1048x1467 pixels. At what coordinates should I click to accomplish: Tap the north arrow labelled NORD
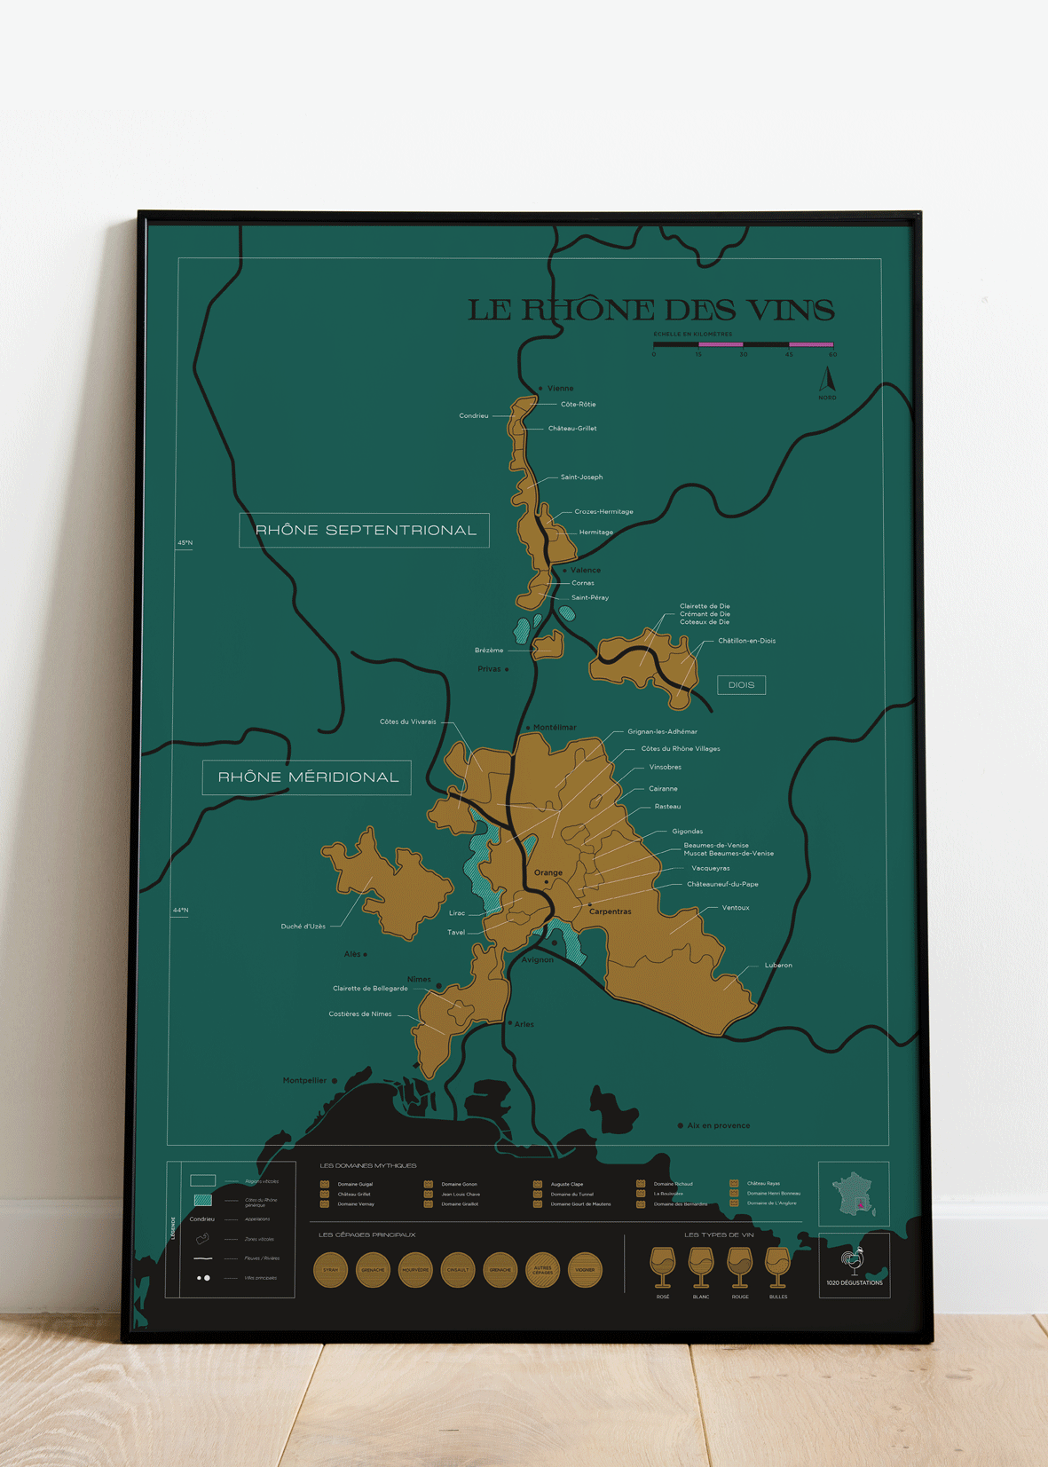pos(827,381)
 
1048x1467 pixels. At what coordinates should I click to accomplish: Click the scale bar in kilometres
pos(743,344)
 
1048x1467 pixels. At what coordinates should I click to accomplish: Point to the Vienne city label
pos(560,388)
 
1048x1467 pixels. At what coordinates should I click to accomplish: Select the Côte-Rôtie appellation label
pos(578,405)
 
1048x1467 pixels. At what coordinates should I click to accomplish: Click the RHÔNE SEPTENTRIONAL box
pos(365,530)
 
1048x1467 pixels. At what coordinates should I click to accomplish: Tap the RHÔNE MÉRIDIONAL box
pos(307,777)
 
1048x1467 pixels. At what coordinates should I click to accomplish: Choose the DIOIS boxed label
pos(741,684)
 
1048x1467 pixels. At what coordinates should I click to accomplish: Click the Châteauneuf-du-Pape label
pos(722,884)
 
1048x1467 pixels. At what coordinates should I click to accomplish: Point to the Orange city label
pos(548,872)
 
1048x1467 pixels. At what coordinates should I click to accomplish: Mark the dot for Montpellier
pos(335,1081)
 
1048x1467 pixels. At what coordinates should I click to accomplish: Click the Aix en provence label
pos(718,1125)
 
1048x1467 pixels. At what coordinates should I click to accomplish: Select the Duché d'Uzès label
pos(303,927)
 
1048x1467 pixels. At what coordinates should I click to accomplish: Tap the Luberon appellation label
pos(778,966)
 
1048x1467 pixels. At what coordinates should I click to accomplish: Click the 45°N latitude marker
pos(185,542)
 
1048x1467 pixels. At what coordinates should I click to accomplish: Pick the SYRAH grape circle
pos(331,1270)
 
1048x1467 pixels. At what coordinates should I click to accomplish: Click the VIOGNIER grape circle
pos(585,1270)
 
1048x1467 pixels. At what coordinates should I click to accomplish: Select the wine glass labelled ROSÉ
pos(662,1267)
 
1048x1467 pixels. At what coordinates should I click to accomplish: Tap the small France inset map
pos(853,1194)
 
